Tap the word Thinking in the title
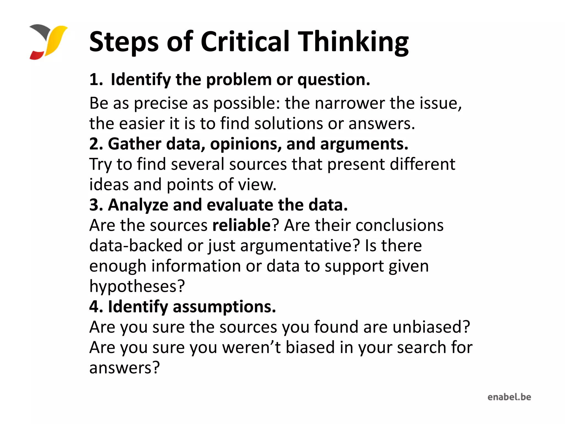tap(354, 42)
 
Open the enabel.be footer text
tap(509, 397)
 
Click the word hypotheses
tap(137, 286)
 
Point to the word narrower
tap(350, 103)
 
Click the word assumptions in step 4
tap(224, 307)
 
